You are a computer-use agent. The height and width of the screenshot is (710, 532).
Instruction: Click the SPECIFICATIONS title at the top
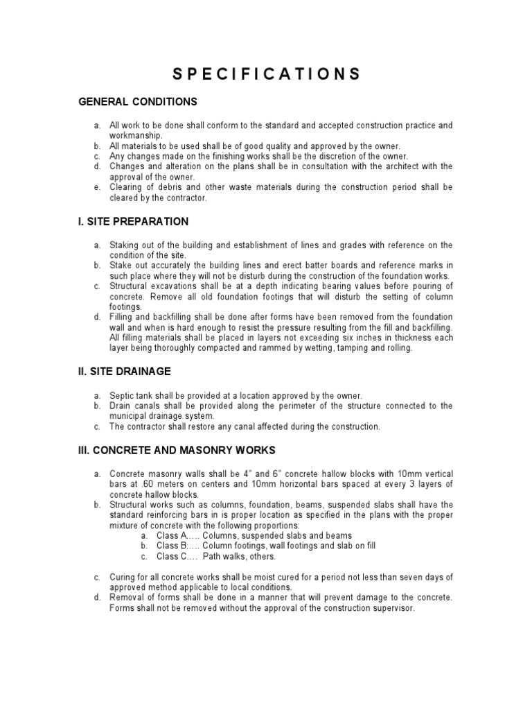tap(265, 74)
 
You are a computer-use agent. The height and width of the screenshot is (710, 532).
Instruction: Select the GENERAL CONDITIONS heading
tap(137, 102)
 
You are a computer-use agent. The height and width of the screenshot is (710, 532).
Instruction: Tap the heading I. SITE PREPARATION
tap(132, 222)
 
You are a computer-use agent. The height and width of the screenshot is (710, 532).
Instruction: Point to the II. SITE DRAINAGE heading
tap(123, 372)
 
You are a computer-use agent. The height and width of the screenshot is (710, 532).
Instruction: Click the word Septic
tap(123, 395)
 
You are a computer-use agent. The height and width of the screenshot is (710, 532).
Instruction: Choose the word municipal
tap(130, 416)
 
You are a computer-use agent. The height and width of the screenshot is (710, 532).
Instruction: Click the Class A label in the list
tap(171, 535)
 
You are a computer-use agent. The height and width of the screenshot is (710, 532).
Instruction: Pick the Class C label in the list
tap(170, 556)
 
